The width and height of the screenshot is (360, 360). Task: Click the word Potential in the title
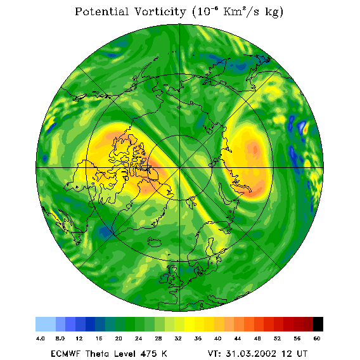click(x=101, y=11)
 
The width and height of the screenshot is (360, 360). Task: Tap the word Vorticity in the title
click(x=160, y=11)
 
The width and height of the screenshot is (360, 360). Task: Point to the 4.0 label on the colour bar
click(x=40, y=338)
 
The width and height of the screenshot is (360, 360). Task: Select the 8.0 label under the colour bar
click(x=60, y=338)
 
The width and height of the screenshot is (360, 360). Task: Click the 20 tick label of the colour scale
click(x=119, y=338)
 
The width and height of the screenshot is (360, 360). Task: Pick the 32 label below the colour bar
click(x=178, y=338)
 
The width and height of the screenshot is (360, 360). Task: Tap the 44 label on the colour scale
click(x=238, y=338)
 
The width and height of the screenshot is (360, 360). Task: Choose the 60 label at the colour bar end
click(x=317, y=338)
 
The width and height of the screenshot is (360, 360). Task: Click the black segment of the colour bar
click(x=318, y=324)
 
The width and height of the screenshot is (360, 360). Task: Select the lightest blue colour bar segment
click(x=46, y=324)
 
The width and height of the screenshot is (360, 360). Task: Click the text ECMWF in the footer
click(x=65, y=354)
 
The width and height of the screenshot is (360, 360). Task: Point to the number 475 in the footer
click(x=149, y=354)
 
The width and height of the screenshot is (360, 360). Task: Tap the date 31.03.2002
click(x=251, y=354)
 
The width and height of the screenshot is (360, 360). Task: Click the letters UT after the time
click(x=301, y=354)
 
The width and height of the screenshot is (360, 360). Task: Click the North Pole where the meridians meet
click(x=180, y=168)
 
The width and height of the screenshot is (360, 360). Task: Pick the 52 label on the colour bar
click(x=277, y=338)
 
